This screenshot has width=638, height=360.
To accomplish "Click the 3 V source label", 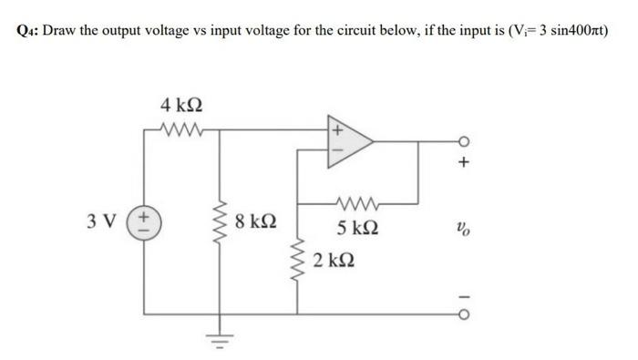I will (103, 221).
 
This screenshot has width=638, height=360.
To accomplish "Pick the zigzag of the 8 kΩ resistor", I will (220, 223).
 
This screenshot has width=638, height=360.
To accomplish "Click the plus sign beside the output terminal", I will (465, 164).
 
